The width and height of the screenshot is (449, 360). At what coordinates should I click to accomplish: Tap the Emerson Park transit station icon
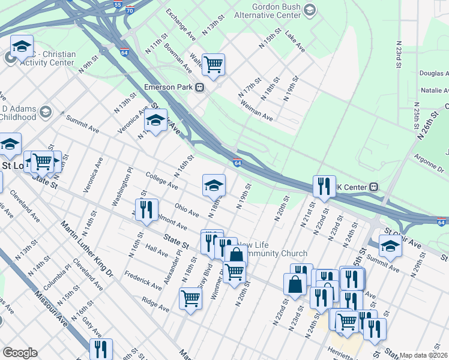(x=200, y=87)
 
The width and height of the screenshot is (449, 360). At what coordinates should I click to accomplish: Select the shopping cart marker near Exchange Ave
(x=213, y=64)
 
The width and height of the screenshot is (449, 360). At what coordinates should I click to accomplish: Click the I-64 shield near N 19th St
(x=238, y=162)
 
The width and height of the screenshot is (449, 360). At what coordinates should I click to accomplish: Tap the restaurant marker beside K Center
(x=324, y=186)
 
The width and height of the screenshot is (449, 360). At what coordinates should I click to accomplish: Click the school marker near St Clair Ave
(x=390, y=246)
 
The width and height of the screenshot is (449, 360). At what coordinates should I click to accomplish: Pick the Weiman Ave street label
(x=256, y=112)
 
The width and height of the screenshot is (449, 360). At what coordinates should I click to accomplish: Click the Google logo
(x=20, y=353)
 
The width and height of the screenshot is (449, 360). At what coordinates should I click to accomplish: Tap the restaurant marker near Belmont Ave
(x=146, y=210)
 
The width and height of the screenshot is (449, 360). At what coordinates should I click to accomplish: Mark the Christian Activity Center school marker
(x=22, y=46)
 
